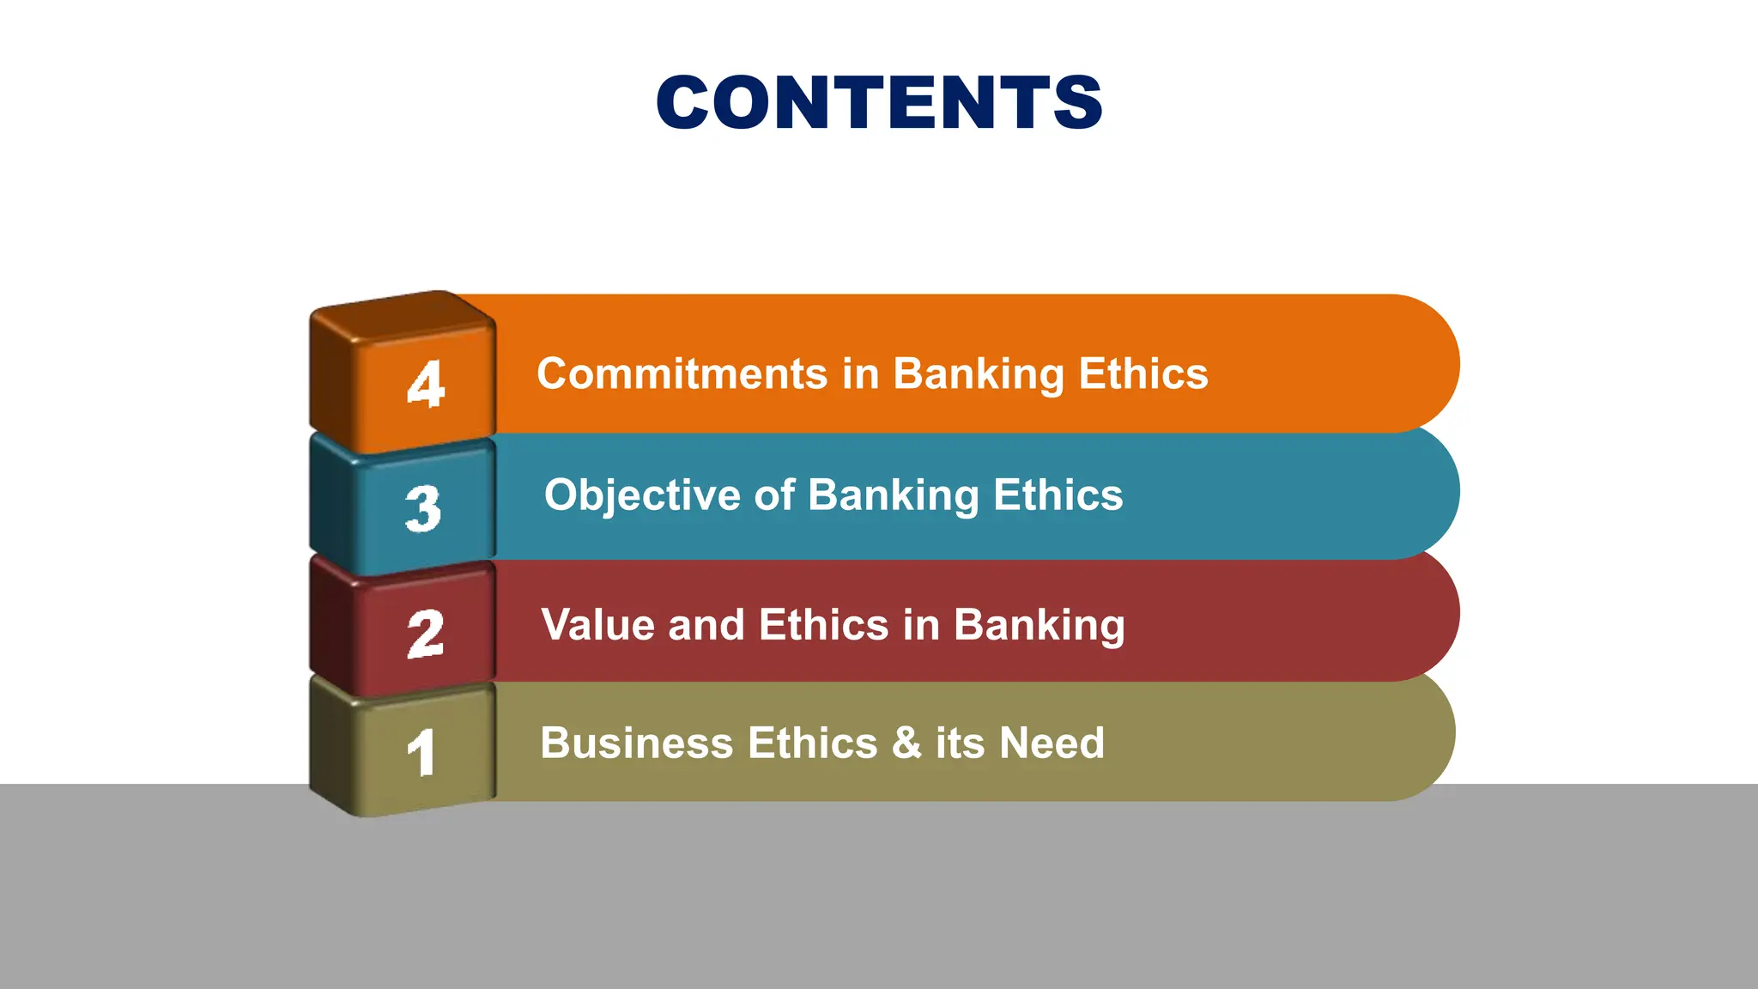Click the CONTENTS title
coord(879,103)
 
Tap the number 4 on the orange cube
coord(426,384)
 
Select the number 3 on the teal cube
coord(423,508)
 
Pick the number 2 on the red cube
coord(426,634)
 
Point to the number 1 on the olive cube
coord(421,754)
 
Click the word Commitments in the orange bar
coord(682,374)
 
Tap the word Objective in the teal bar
coord(642,495)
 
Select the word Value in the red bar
coord(597,625)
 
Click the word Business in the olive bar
coord(636,743)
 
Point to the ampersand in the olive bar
coord(906,743)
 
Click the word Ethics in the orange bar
coord(1143,374)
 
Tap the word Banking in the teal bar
coord(894,495)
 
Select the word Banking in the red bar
coord(1039,625)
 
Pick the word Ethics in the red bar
coord(823,625)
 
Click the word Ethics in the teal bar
coord(1058,495)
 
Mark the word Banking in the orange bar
coord(979,374)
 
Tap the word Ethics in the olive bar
coord(812,743)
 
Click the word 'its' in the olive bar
coord(960,743)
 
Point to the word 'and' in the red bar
coord(706,625)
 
